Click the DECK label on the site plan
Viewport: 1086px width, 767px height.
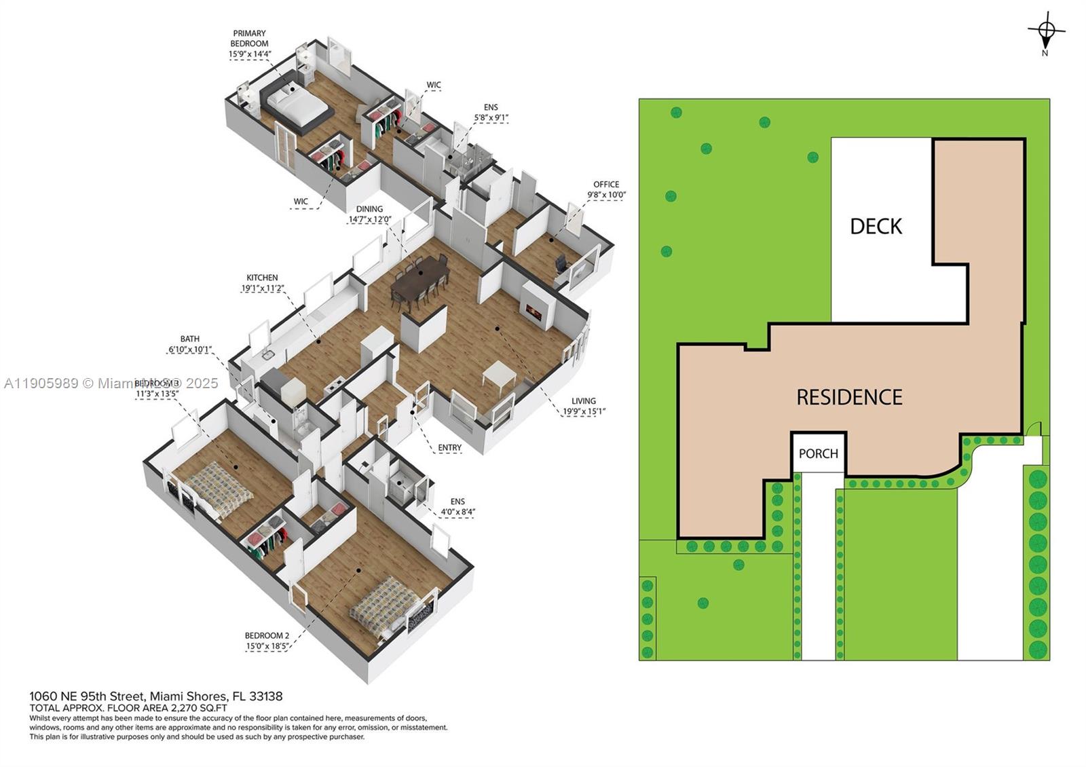point(876,226)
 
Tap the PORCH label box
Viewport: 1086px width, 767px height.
point(818,453)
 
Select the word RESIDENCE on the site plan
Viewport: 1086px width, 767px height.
point(849,397)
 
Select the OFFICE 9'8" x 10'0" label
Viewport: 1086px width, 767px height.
point(606,189)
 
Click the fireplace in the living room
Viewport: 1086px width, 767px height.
point(534,312)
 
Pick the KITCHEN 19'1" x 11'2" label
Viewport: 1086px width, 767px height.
point(262,282)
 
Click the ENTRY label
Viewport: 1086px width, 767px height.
point(449,447)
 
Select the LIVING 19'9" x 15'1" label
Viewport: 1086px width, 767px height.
point(583,405)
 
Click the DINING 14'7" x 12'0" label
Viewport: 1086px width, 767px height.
point(369,214)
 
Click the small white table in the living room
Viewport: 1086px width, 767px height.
point(500,376)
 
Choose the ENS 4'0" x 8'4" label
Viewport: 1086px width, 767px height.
point(457,506)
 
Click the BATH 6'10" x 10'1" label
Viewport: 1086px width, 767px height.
point(189,344)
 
